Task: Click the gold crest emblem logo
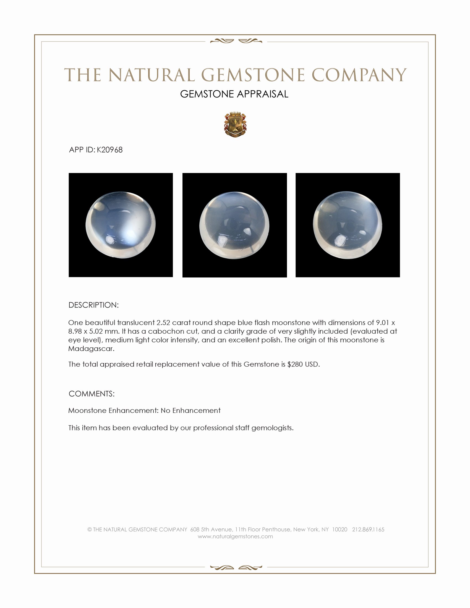[x=235, y=125]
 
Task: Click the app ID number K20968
[x=109, y=150]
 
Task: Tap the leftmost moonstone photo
[x=121, y=225]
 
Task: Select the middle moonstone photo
[x=234, y=225]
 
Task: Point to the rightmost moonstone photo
[x=348, y=225]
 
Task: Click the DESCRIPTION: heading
[x=93, y=305]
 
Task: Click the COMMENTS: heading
[x=92, y=394]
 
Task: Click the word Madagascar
[x=91, y=349]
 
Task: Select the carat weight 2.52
[x=163, y=323]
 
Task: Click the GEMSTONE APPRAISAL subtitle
[x=234, y=94]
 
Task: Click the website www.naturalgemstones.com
[x=235, y=536]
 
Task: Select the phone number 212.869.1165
[x=368, y=530]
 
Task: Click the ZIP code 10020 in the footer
[x=340, y=530]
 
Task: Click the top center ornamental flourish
[x=236, y=41]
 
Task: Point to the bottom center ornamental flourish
[x=236, y=567]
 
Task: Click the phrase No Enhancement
[x=190, y=411]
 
